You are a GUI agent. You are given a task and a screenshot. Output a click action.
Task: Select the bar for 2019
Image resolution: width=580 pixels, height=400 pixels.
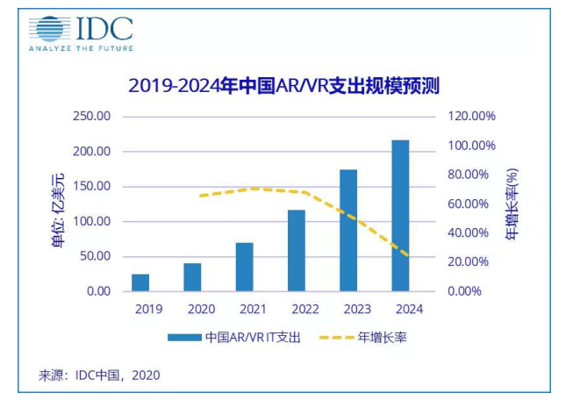click(140, 282)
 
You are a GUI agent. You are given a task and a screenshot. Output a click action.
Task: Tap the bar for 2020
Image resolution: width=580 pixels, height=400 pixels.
click(192, 276)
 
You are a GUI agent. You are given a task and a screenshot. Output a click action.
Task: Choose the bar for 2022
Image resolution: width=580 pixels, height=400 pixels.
click(297, 250)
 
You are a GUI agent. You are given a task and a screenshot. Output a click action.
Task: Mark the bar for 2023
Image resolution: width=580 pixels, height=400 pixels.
click(348, 230)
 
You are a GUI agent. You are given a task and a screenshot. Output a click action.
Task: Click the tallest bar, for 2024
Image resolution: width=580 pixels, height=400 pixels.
click(400, 215)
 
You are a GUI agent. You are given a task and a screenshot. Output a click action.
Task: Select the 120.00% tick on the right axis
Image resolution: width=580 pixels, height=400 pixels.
click(473, 117)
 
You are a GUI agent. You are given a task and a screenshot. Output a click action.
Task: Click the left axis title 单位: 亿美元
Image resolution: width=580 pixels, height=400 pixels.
click(59, 204)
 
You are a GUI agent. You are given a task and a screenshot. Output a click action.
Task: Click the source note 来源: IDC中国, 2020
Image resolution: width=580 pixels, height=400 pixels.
click(99, 375)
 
